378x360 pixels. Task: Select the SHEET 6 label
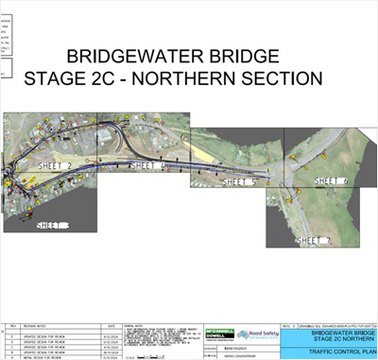(330, 180)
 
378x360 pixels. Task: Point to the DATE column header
(112, 325)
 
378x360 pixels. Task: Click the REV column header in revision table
(12, 325)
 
